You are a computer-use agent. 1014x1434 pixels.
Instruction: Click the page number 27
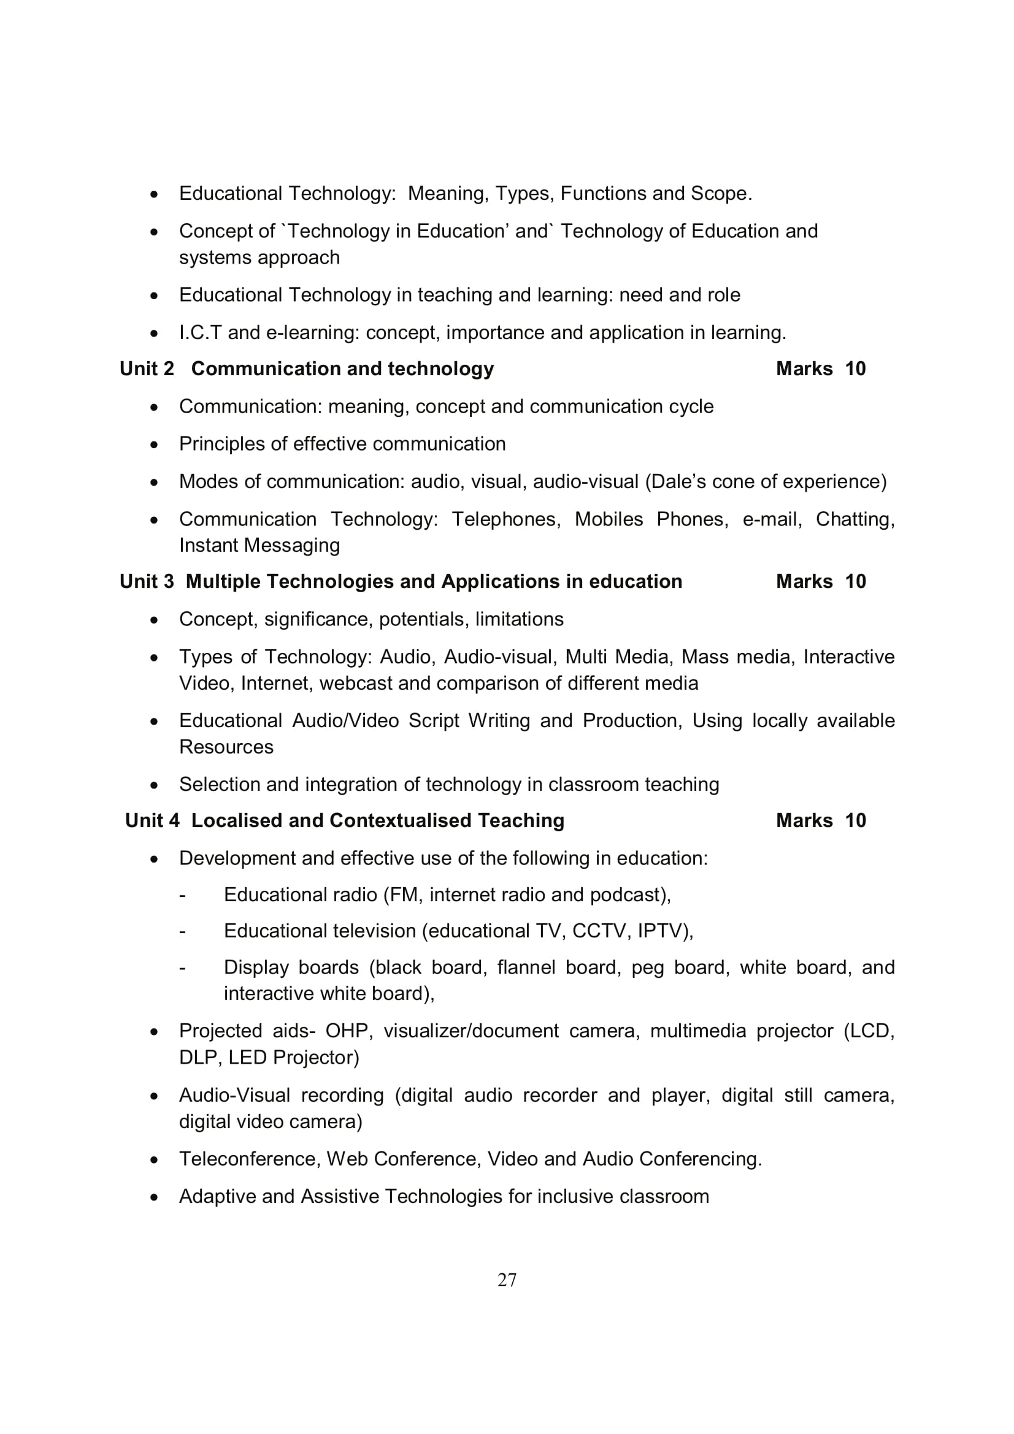(x=507, y=1280)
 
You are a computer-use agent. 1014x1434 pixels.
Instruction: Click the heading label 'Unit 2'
(x=147, y=369)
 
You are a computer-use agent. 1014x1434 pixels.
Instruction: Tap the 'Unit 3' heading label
(x=147, y=581)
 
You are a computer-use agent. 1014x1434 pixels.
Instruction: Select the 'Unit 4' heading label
(x=153, y=821)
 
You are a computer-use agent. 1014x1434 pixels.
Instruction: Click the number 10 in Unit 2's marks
(x=855, y=369)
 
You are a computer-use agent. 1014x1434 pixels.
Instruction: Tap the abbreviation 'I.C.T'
(x=201, y=332)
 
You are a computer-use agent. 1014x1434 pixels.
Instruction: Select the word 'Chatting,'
(x=855, y=519)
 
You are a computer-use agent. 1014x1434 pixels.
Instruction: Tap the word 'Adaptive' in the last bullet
(x=217, y=1197)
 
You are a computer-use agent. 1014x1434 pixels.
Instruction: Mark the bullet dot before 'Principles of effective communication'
(x=155, y=444)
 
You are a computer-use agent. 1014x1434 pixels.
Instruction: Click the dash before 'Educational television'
(x=182, y=932)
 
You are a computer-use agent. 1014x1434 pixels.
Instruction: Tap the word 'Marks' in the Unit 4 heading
(x=804, y=821)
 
